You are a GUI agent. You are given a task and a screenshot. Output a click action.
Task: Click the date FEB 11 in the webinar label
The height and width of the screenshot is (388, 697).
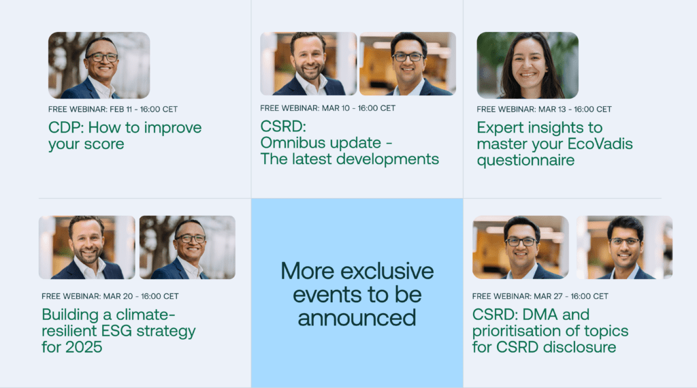(x=120, y=110)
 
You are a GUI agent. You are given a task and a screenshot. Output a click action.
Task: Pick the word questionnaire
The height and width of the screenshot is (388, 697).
(x=525, y=161)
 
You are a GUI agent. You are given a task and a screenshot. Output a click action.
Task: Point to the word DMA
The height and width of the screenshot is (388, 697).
(x=540, y=314)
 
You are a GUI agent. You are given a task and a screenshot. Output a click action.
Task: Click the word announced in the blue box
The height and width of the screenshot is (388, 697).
(x=357, y=318)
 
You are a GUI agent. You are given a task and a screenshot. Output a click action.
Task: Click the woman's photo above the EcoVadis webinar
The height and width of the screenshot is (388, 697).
(x=528, y=65)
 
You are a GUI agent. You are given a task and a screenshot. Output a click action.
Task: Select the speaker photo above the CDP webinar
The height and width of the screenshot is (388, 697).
(x=99, y=65)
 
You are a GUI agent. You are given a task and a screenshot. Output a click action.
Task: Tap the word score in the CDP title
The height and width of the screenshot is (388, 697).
(x=104, y=144)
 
